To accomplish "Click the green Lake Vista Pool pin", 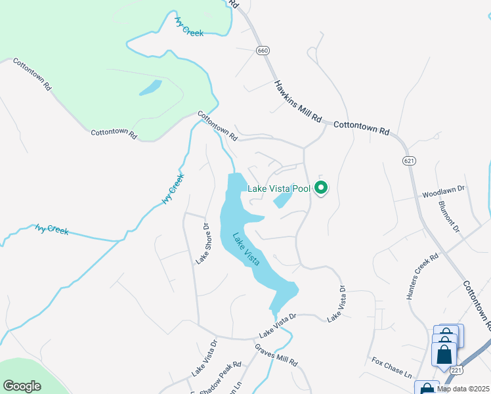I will coord(321,189).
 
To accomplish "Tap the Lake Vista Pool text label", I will coord(278,189).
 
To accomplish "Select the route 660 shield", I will coord(263,51).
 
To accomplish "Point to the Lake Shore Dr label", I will coord(202,244).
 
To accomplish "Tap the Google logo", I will coord(22,386).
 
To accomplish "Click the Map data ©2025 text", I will coord(462,389).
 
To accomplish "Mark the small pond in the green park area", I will coord(150,88).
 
